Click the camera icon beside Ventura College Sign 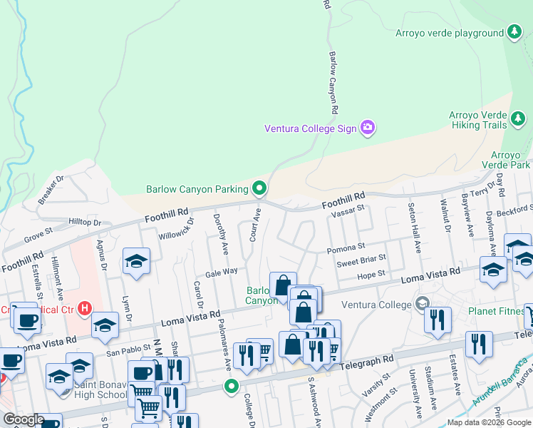368,128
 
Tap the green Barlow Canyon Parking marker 260,189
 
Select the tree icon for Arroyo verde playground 514,33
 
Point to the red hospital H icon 85,309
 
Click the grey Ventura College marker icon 423,305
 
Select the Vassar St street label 348,208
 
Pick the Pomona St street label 346,249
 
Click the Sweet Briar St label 362,261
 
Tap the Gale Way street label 221,272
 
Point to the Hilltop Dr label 85,223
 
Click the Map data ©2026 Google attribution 489,422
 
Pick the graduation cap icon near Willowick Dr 135,262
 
